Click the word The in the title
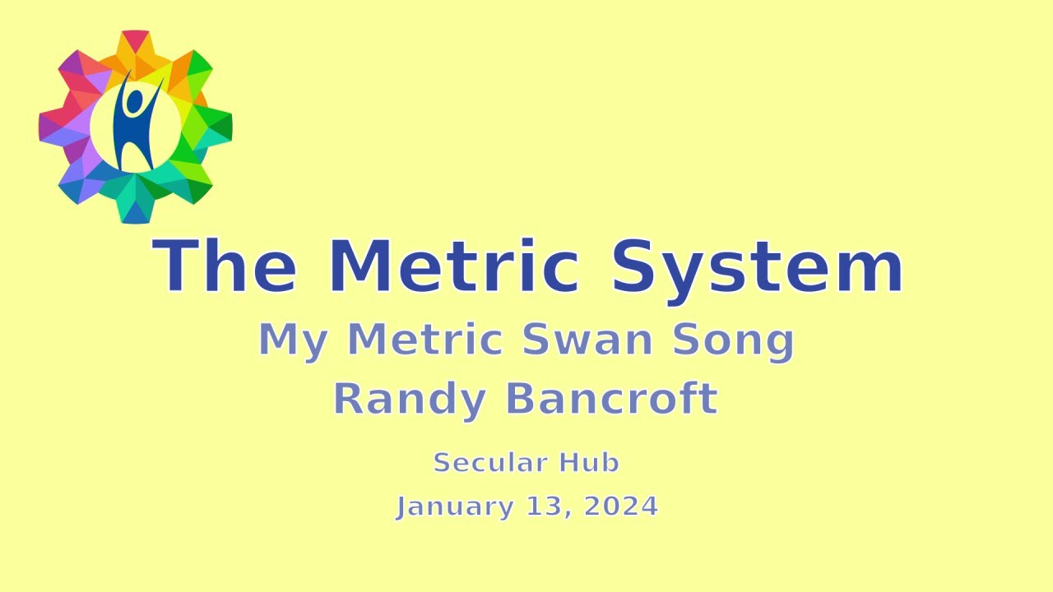224,266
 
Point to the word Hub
589,463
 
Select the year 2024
621,506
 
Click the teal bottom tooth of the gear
136,210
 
